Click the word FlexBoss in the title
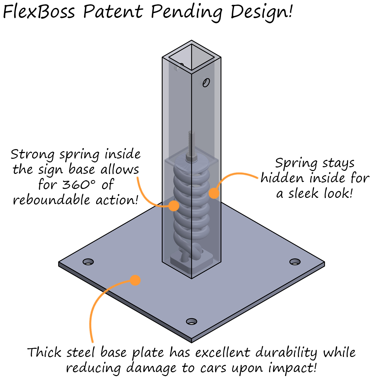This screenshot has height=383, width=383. point(39,12)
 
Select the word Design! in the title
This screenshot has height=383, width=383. point(261,12)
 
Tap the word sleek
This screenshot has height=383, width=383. point(303,193)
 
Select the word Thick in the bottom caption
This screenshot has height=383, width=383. point(44,353)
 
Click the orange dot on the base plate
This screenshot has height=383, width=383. point(135,280)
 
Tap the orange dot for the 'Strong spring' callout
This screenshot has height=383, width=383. point(174,206)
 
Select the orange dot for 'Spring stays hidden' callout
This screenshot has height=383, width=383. point(214,193)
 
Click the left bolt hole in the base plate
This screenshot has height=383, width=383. point(88,262)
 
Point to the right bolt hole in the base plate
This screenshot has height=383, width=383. point(295,262)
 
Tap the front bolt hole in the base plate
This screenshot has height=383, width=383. point(192,321)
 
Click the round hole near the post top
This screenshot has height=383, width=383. point(206,83)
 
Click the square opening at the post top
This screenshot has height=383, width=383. point(192,57)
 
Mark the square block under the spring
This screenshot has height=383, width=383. point(192,263)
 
